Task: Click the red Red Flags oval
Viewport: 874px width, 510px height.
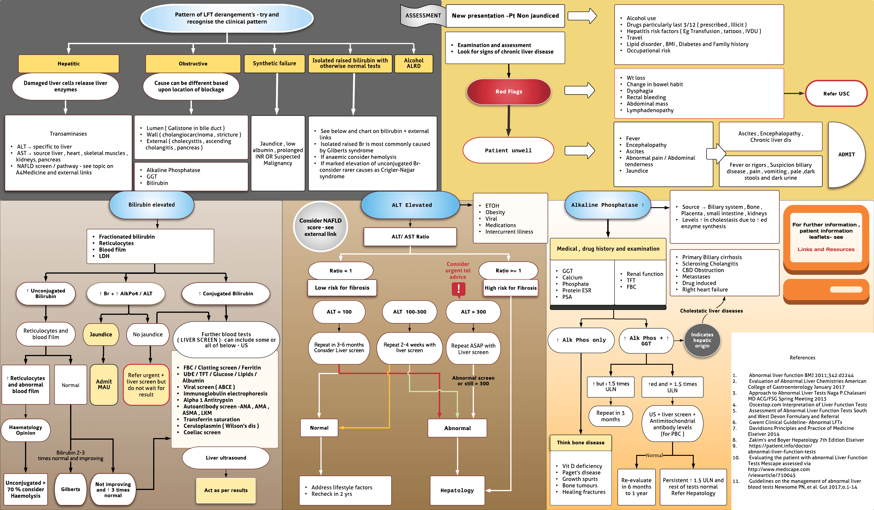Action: tap(508, 92)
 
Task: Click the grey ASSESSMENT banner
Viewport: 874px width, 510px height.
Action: tap(423, 16)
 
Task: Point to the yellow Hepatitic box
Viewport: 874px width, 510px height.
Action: tap(69, 64)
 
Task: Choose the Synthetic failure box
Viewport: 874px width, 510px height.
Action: tap(274, 64)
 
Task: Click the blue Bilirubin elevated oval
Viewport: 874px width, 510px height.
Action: tap(152, 205)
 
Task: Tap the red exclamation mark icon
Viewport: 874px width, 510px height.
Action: tap(458, 289)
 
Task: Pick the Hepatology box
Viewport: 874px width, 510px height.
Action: tap(457, 490)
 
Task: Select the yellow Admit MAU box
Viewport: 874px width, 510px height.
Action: tap(104, 384)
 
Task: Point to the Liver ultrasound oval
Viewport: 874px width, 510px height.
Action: tap(226, 458)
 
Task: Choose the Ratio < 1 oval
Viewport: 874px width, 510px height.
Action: tap(340, 271)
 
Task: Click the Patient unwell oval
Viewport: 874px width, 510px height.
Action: tap(508, 150)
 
